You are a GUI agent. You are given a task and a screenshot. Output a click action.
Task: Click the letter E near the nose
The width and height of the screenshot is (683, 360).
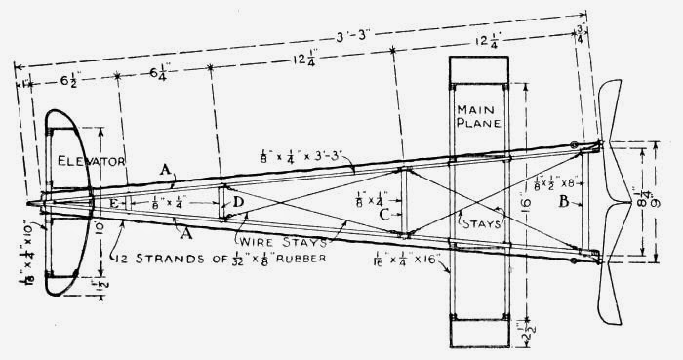pos(114,203)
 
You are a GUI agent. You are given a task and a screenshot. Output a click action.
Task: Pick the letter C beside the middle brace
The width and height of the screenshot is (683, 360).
pos(386,214)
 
